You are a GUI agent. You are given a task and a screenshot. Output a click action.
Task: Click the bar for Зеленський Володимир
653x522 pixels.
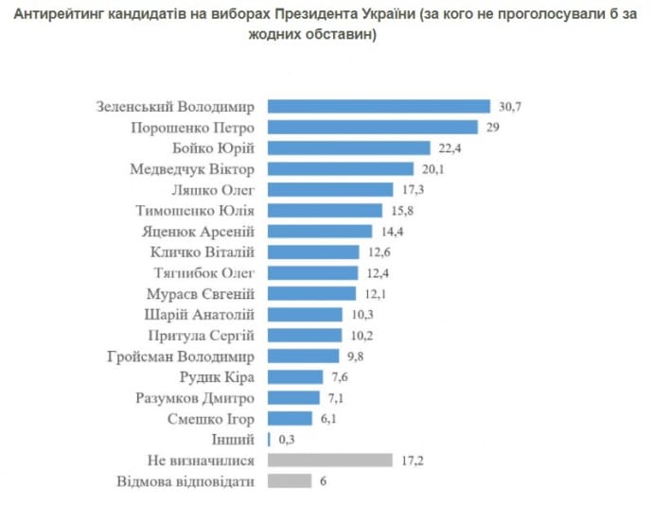pyautogui.click(x=379, y=107)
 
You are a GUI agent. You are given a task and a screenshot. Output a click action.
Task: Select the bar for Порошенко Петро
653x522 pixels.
pyautogui.click(x=373, y=128)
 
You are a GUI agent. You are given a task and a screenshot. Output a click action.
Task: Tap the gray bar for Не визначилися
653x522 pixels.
pyautogui.click(x=330, y=461)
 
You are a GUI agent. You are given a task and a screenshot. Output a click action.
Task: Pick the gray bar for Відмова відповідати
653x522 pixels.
pyautogui.click(x=290, y=481)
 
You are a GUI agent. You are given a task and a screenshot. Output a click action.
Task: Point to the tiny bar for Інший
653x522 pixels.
pyautogui.click(x=270, y=440)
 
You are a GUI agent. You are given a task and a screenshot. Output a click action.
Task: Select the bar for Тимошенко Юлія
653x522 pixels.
pyautogui.click(x=326, y=211)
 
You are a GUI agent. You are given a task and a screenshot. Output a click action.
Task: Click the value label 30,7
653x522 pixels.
pyautogui.click(x=510, y=107)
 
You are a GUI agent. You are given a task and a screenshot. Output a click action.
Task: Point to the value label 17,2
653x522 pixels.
pyautogui.click(x=413, y=461)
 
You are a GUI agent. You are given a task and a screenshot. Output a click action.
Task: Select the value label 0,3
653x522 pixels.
pyautogui.click(x=285, y=440)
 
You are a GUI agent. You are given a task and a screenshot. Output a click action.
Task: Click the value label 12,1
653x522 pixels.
pyautogui.click(x=377, y=294)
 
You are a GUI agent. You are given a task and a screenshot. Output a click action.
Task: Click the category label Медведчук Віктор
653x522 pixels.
pyautogui.click(x=194, y=169)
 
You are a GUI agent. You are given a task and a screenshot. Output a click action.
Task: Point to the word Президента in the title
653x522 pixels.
pyautogui.click(x=326, y=15)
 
